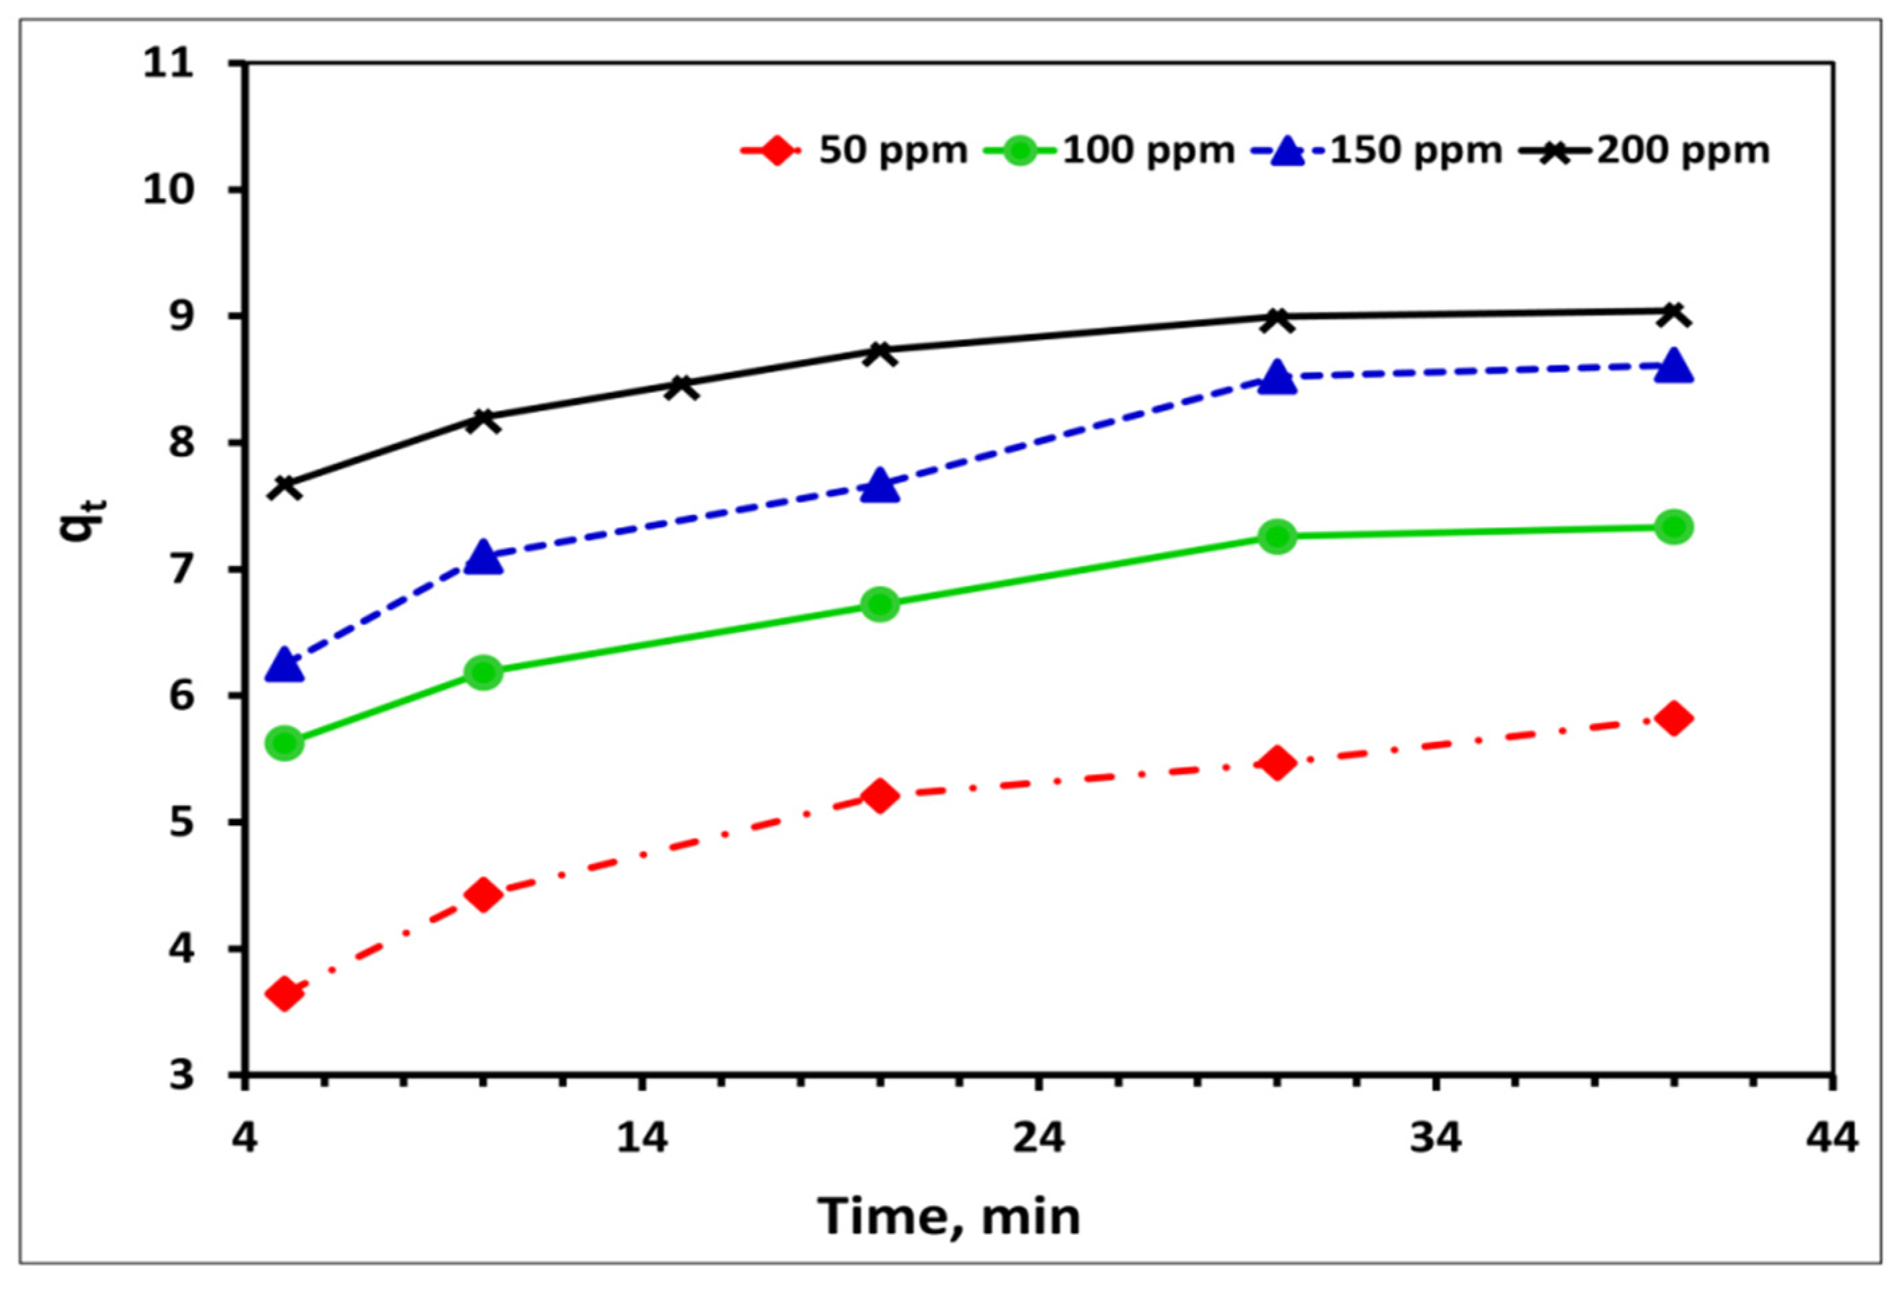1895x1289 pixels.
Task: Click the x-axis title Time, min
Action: point(949,1216)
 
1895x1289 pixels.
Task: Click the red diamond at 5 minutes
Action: point(285,994)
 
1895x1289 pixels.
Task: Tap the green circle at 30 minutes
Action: point(1277,536)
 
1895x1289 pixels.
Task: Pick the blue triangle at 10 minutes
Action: point(483,557)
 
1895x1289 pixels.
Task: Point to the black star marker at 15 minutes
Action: point(682,385)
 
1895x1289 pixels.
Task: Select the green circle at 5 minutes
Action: point(285,743)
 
